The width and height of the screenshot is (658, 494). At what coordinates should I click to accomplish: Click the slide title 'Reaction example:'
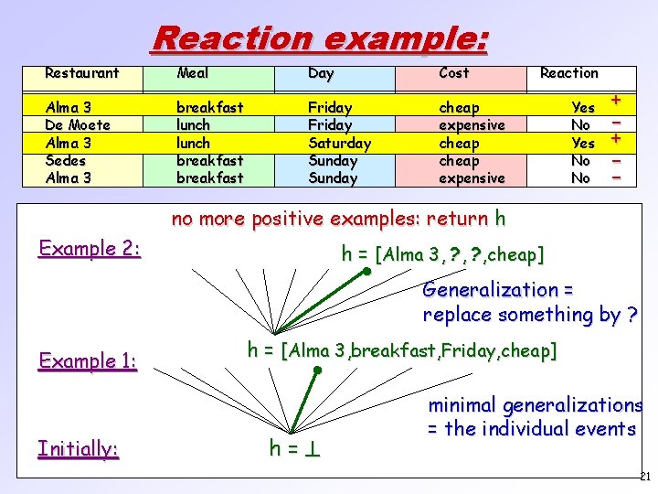tap(320, 38)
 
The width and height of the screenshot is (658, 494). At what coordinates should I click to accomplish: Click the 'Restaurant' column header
tap(82, 73)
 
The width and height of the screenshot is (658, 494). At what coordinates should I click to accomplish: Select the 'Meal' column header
tap(192, 73)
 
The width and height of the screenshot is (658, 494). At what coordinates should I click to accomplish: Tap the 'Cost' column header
tap(453, 73)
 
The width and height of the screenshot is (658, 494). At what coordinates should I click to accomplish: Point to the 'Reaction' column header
tap(568, 73)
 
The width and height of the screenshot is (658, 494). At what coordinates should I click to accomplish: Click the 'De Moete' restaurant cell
tap(78, 125)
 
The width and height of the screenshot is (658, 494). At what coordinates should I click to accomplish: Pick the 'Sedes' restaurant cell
tap(67, 161)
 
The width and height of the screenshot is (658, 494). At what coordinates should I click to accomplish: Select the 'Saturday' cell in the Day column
tap(339, 144)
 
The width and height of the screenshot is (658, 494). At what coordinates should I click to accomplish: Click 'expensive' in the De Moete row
tap(472, 125)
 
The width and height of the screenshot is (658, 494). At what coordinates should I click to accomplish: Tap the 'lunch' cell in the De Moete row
tap(193, 125)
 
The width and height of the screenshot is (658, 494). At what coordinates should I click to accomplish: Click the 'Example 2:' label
tap(90, 248)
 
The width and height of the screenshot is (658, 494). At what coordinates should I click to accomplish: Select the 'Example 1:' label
tap(88, 360)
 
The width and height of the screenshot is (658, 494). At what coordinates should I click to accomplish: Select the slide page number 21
tap(644, 477)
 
